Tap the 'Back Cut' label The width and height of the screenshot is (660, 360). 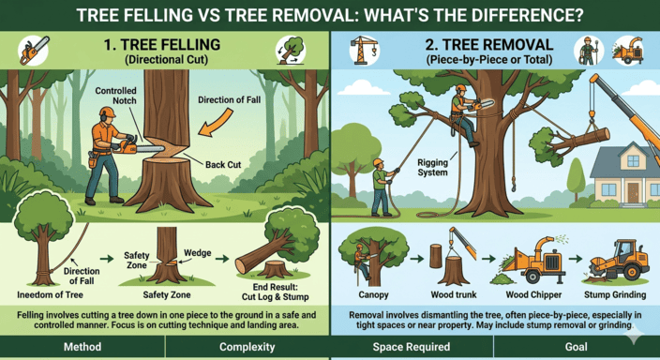[x=221, y=165]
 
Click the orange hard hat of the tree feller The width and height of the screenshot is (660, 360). [x=108, y=112]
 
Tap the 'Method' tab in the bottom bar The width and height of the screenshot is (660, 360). [x=82, y=348]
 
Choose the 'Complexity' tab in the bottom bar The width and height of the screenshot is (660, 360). [x=247, y=348]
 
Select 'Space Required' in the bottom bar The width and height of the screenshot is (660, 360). [x=412, y=348]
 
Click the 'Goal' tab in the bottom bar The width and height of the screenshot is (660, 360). [x=576, y=348]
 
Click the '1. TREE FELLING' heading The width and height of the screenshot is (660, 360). [x=165, y=44]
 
